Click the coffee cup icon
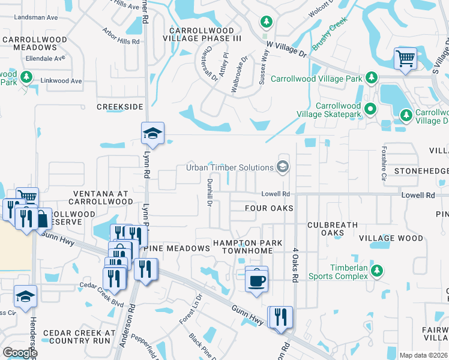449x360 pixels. [256, 279]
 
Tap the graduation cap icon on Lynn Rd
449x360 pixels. [152, 133]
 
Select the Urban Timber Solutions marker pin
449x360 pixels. [283, 167]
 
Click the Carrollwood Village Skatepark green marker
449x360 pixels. [370, 109]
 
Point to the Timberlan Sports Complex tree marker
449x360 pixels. [377, 271]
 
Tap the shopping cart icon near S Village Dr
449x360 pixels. [405, 59]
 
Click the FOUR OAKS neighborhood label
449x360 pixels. [269, 208]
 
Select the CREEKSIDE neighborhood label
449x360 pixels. [120, 107]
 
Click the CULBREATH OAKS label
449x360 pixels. [333, 229]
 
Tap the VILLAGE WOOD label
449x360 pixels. [391, 238]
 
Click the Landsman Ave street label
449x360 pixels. [38, 17]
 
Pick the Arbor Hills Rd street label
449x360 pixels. [121, 36]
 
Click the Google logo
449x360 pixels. [20, 353]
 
